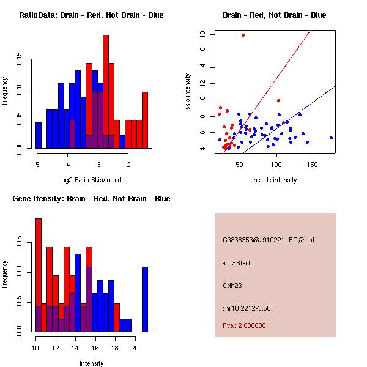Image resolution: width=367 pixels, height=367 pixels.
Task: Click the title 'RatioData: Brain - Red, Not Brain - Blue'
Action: click(91, 15)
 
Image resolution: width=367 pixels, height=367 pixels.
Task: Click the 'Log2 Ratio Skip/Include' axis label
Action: click(91, 180)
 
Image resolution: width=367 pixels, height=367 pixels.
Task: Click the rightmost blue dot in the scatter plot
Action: click(331, 138)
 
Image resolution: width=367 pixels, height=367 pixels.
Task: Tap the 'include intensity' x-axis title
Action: click(275, 180)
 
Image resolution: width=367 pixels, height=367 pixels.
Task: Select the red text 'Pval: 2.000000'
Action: click(244, 325)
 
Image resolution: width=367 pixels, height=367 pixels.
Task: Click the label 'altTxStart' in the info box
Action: click(236, 263)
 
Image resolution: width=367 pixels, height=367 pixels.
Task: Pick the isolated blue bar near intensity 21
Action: click(145, 299)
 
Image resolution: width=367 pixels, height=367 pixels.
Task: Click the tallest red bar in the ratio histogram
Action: click(106, 92)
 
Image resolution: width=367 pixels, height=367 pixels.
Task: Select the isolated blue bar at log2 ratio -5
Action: click(39, 135)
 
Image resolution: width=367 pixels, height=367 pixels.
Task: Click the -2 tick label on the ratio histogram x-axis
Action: click(128, 165)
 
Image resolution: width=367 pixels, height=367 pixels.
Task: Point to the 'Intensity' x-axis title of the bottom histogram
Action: click(91, 363)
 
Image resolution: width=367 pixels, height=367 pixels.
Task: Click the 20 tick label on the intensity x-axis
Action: click(135, 349)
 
